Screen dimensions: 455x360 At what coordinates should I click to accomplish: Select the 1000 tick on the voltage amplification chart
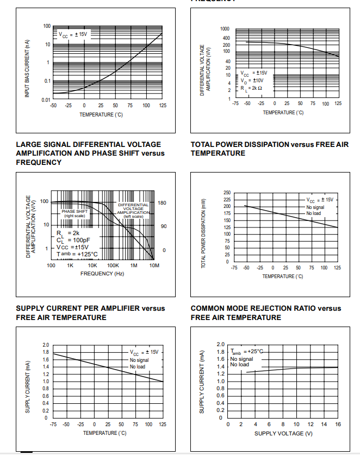click(225, 28)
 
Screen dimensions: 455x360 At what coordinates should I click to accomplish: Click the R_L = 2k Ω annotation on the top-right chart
click(252, 88)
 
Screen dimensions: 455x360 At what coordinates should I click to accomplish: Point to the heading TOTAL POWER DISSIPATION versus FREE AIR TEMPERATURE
click(269, 149)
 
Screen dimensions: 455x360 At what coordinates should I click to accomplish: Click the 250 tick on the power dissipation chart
click(226, 193)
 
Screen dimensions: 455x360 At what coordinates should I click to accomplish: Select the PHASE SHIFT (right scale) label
click(75, 213)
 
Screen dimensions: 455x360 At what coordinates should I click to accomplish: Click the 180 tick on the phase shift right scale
click(162, 202)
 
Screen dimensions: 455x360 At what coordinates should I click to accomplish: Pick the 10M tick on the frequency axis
click(154, 265)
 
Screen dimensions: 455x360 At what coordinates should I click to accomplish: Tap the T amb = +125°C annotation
click(77, 254)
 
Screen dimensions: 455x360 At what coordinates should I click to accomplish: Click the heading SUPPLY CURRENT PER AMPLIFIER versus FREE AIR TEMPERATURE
click(90, 312)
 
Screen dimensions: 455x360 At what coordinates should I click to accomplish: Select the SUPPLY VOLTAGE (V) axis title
click(283, 433)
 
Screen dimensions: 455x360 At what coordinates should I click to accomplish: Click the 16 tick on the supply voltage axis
click(338, 425)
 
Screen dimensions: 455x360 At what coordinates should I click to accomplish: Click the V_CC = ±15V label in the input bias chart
click(73, 34)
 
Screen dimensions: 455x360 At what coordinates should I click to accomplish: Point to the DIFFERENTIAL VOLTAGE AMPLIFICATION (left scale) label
click(133, 210)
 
